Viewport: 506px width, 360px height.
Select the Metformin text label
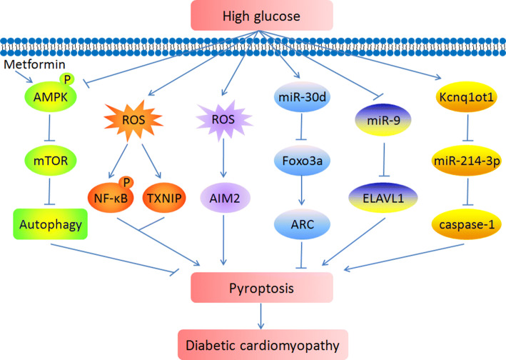point(27,65)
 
